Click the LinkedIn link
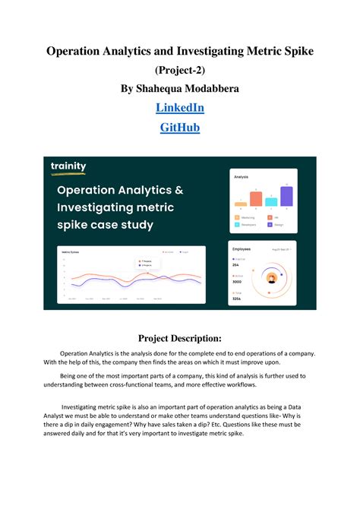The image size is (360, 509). (x=180, y=108)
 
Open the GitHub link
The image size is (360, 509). (x=180, y=128)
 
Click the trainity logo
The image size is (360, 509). (x=69, y=166)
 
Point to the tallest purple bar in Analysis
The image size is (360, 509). (x=286, y=196)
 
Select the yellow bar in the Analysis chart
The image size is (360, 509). (x=241, y=204)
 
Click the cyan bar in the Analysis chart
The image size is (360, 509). (x=271, y=201)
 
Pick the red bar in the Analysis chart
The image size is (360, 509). (x=256, y=198)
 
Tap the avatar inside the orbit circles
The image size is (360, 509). (x=271, y=277)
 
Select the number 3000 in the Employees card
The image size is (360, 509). (x=238, y=280)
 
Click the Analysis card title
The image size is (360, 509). (x=242, y=176)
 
